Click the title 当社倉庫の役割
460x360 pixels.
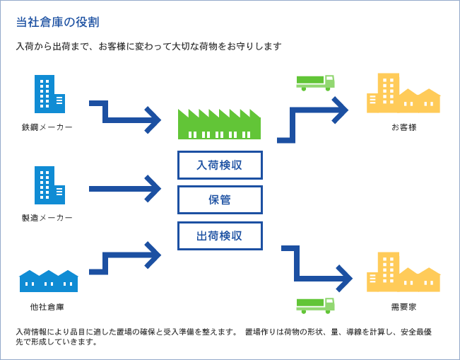[57, 22]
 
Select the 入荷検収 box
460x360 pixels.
[220, 165]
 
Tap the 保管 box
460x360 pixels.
[220, 199]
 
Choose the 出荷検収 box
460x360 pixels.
[220, 236]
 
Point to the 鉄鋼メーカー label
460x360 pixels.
[47, 127]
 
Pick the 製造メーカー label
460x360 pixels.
[47, 217]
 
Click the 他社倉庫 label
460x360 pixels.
[47, 307]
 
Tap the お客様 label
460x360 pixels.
[403, 127]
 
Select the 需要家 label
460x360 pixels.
[403, 307]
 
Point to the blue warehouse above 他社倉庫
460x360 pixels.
[48, 281]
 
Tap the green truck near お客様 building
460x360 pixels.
[315, 83]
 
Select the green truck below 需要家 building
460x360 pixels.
[315, 305]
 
